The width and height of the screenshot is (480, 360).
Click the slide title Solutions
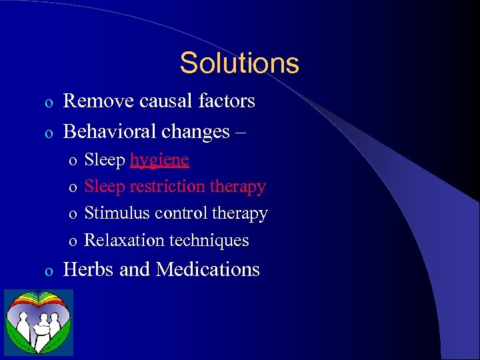(x=239, y=63)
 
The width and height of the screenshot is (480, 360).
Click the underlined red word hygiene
(x=159, y=161)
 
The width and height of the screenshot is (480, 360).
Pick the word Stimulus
(x=117, y=213)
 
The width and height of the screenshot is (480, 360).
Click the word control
(x=179, y=213)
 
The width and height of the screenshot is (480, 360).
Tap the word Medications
(x=207, y=269)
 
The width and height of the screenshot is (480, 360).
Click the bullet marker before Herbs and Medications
(x=48, y=271)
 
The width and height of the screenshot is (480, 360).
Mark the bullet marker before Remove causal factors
(x=48, y=103)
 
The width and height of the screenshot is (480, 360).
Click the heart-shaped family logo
(x=39, y=323)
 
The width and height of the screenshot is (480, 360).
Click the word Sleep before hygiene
(x=105, y=161)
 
